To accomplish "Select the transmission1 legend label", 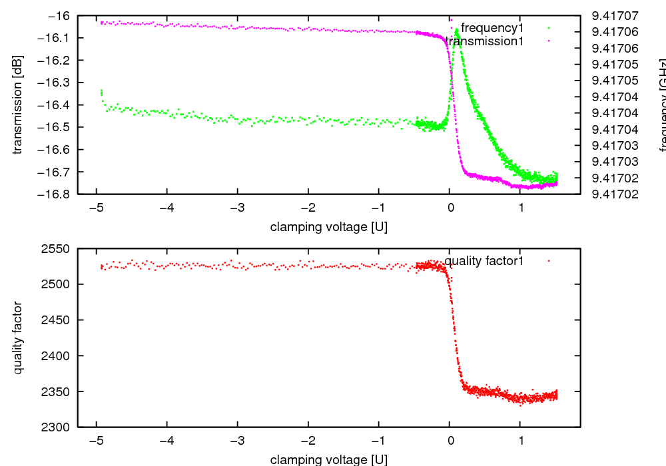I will point(484,41).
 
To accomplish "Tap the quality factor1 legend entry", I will point(484,261).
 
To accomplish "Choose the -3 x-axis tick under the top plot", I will point(236,207).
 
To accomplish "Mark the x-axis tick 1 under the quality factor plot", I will point(521,440).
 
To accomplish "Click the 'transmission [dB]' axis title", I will point(18,105).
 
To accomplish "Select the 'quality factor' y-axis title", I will point(18,338).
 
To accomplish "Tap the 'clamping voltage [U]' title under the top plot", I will point(328,227).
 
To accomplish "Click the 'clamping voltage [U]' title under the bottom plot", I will point(328,459).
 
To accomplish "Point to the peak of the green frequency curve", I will point(457,30).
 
